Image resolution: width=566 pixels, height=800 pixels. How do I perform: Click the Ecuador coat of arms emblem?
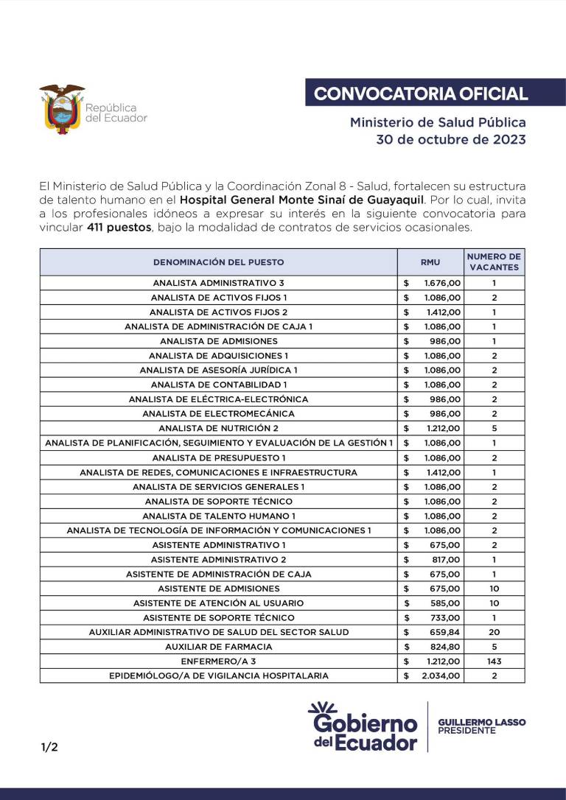coord(62,108)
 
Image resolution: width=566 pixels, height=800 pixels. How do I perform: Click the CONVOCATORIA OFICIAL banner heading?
coord(421,94)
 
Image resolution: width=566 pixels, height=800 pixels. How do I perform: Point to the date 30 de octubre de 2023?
coord(451,139)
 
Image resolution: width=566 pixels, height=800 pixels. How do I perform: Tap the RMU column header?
coord(430,262)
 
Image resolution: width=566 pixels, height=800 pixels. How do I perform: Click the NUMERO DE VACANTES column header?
coord(494,262)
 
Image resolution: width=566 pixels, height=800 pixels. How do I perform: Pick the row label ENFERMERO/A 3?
coord(218,661)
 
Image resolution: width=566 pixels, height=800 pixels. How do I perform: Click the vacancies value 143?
coord(494,661)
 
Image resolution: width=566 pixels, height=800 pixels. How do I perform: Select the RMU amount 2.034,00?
coord(441,676)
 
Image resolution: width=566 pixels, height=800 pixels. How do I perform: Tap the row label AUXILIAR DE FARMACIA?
coord(218,646)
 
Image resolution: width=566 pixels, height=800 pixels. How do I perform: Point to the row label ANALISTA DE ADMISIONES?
coord(218,341)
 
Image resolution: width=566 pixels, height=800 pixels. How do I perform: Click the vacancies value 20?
coord(494,632)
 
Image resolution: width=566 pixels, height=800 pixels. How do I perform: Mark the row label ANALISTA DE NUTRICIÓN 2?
coord(218,428)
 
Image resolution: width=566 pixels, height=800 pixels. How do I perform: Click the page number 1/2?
coord(49,747)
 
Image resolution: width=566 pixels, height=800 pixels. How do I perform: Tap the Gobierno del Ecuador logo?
coord(364,726)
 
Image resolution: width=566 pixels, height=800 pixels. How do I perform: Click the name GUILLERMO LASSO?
coord(481,722)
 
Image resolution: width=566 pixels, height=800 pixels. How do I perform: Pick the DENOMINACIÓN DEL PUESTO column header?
coord(218,262)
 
